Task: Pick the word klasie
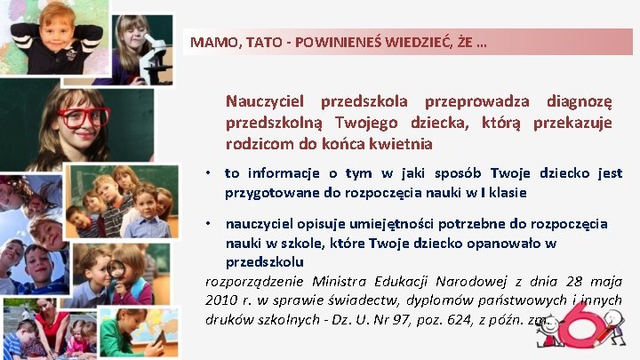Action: (506, 192)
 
